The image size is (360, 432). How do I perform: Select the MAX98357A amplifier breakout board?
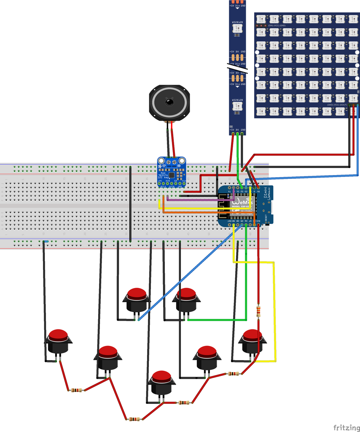pyautogui.click(x=171, y=172)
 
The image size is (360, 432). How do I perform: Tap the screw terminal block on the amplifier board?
pyautogui.click(x=171, y=162)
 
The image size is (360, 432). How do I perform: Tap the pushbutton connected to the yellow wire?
pyautogui.click(x=253, y=340)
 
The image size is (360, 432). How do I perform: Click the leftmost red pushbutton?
pyautogui.click(x=58, y=341)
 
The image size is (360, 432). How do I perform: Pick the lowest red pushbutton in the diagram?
pyautogui.click(x=161, y=382)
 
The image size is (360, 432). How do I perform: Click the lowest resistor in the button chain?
pyautogui.click(x=134, y=419)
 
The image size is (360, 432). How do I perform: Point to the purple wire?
pyautogui.click(x=194, y=198)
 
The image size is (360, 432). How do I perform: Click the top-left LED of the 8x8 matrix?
pyautogui.click(x=261, y=19)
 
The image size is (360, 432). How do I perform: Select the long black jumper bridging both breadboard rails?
pyautogui.click(x=130, y=203)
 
